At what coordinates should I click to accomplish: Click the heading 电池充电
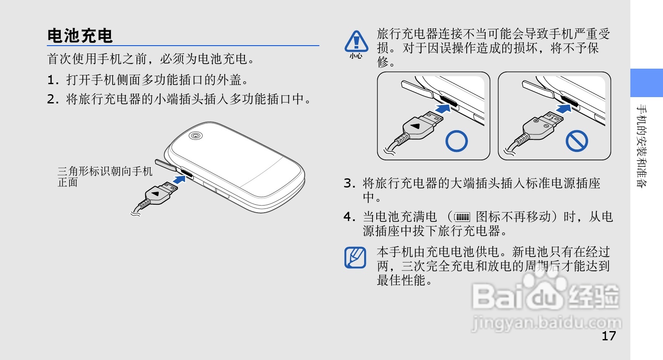click(80, 36)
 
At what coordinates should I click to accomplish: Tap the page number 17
click(609, 336)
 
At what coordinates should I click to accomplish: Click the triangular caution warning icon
click(356, 41)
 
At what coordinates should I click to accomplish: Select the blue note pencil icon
click(355, 257)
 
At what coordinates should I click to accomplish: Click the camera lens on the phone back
click(195, 136)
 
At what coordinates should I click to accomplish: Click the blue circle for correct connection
click(456, 141)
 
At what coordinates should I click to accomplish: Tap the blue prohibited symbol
click(577, 141)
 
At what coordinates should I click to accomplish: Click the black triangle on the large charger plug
click(155, 194)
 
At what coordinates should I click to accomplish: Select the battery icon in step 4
click(463, 217)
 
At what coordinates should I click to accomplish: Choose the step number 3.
click(349, 183)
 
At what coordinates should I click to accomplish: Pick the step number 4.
click(349, 217)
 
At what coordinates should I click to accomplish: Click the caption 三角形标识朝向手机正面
click(105, 177)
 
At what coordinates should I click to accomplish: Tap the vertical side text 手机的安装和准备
click(642, 146)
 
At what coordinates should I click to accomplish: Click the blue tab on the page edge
click(646, 83)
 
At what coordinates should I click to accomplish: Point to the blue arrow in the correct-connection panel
click(443, 108)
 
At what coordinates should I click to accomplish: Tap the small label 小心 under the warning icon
click(356, 56)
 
